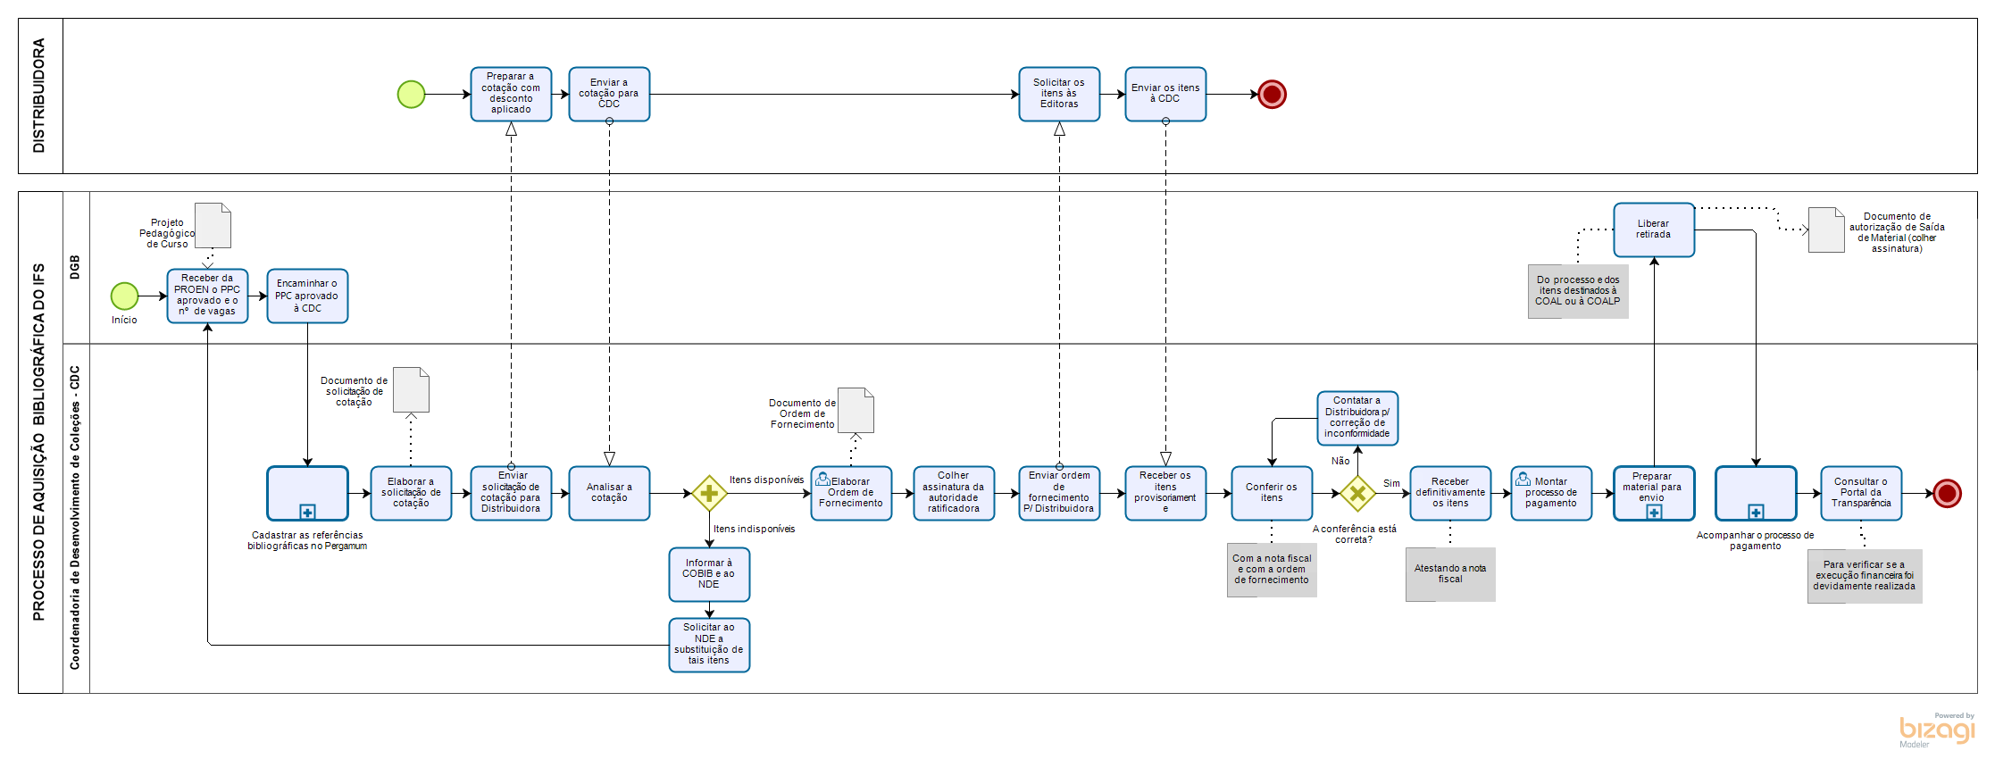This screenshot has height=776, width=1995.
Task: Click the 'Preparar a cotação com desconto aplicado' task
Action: click(511, 94)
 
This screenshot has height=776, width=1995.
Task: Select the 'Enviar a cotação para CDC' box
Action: click(609, 94)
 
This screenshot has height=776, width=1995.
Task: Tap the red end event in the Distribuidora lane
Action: click(1272, 94)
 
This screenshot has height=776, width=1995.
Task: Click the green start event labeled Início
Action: click(124, 296)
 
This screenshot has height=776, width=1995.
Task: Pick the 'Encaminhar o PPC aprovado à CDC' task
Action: click(307, 296)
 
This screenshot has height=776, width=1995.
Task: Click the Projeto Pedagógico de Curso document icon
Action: click(213, 226)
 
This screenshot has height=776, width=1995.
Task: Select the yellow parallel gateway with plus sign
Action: click(709, 493)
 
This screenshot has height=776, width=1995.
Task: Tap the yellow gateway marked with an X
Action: click(1357, 493)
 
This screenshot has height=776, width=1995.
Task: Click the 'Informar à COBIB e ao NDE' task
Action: click(709, 574)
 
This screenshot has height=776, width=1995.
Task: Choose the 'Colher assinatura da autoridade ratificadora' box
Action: click(954, 493)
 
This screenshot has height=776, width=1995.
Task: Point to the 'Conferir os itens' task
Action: click(1272, 493)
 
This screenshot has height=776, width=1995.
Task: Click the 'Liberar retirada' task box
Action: click(1654, 229)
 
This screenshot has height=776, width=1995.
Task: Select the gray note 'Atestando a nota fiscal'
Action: click(1450, 574)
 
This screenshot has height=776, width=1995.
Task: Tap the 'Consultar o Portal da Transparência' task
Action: click(1861, 493)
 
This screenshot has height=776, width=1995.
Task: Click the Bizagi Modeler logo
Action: click(1936, 730)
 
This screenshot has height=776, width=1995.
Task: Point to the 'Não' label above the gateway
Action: click(1340, 461)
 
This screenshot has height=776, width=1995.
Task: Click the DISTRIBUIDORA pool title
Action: click(39, 96)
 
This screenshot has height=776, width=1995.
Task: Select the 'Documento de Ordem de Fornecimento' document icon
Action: click(856, 410)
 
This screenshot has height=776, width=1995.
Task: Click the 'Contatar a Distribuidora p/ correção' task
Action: click(1357, 418)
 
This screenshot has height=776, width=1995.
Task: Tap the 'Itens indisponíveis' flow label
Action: click(754, 529)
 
